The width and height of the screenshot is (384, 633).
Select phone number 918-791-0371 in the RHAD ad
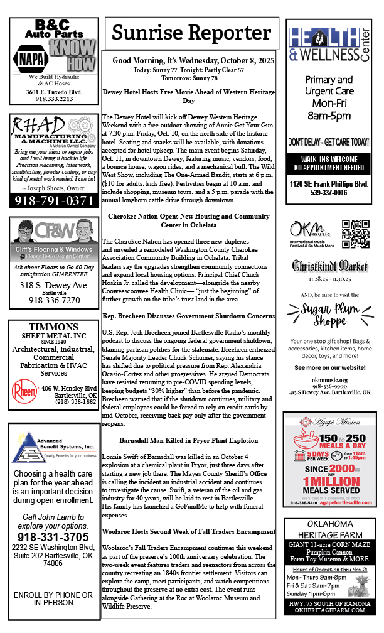(x=53, y=200)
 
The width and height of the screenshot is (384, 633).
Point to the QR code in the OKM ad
(x=355, y=234)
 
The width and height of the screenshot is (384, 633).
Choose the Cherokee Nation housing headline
(x=188, y=220)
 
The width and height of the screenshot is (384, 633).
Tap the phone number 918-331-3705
(x=53, y=537)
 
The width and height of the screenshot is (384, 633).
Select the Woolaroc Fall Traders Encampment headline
(x=188, y=532)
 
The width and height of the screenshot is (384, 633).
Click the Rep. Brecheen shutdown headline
(x=188, y=315)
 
